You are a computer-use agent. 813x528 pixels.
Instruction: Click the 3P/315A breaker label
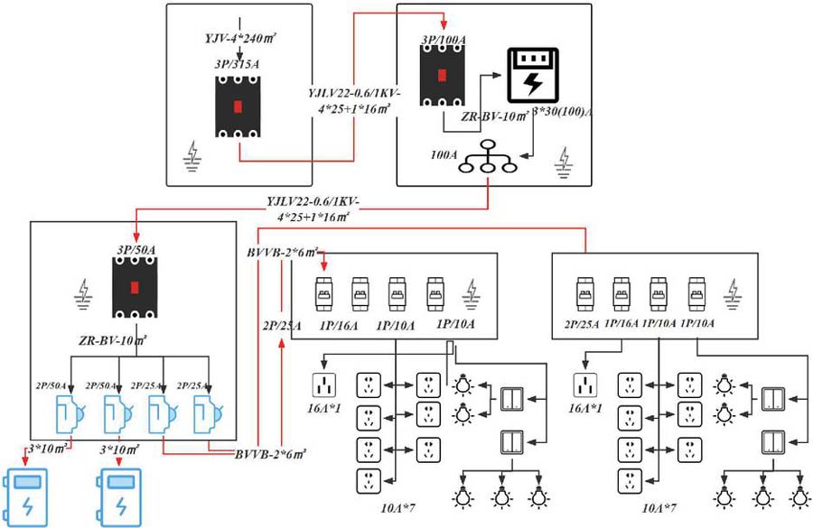[238, 63]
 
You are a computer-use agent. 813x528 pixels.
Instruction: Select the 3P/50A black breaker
[135, 288]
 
